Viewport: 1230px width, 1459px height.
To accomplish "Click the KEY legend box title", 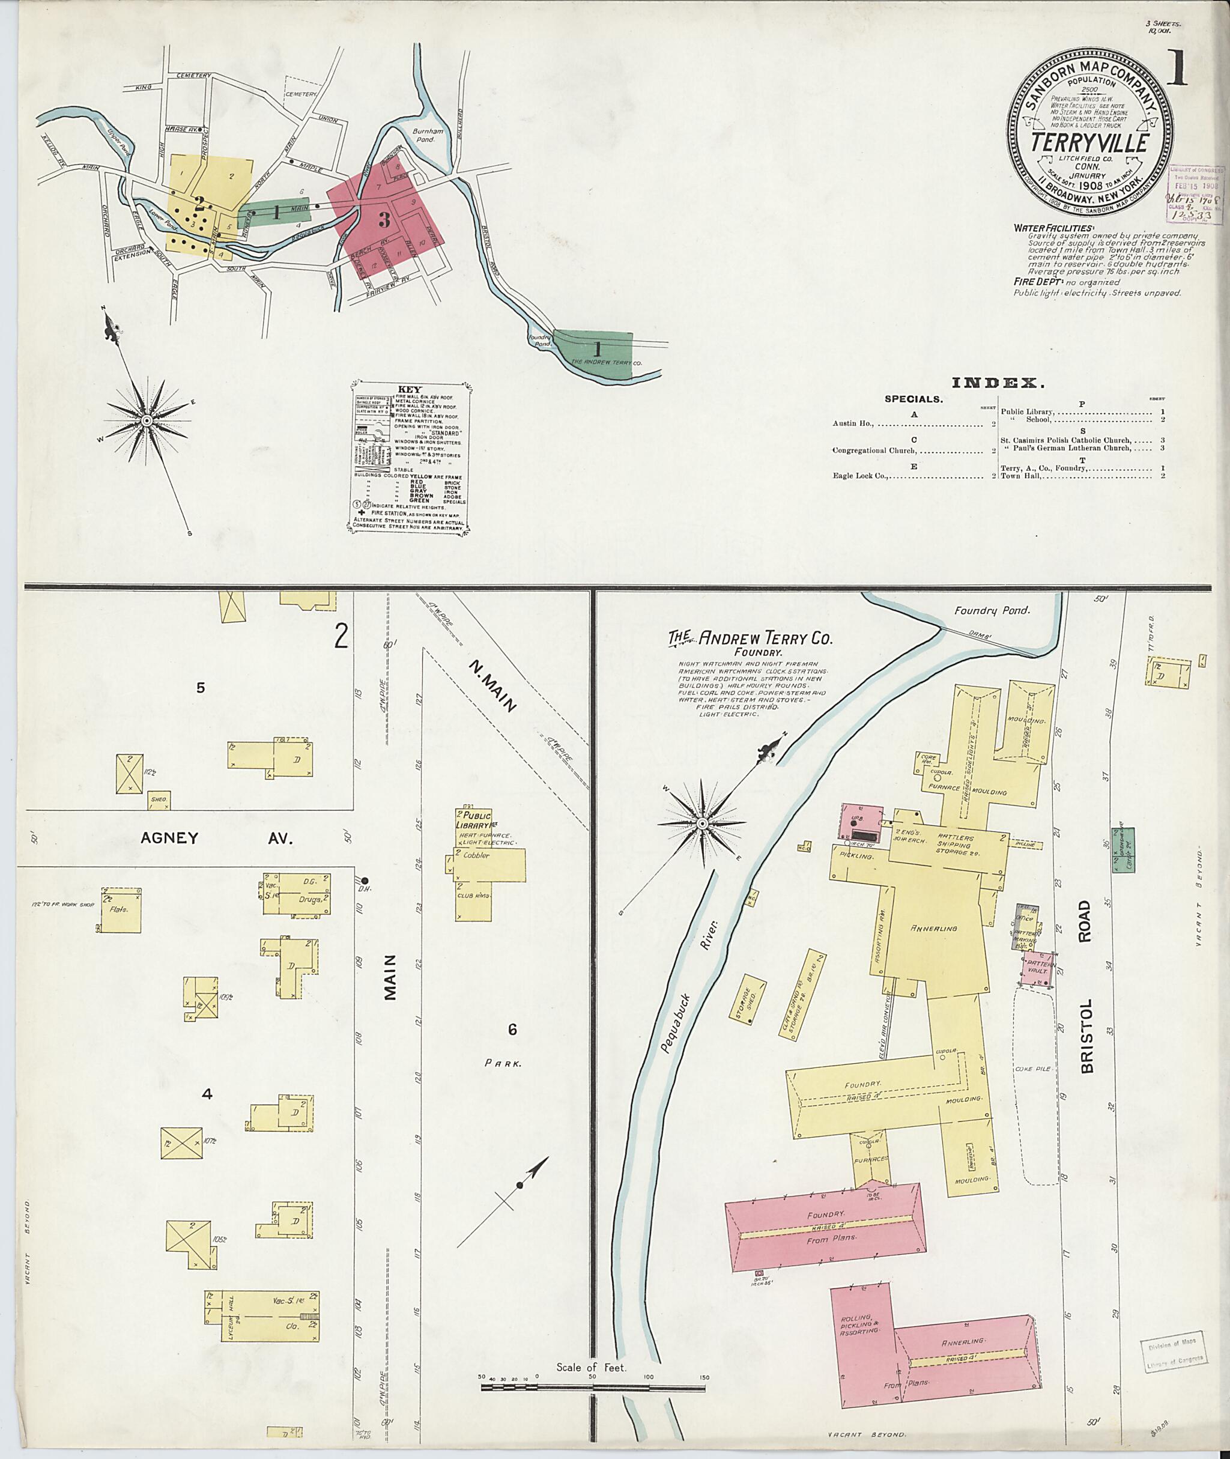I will coord(408,390).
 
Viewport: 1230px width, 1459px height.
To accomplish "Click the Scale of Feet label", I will coord(592,1368).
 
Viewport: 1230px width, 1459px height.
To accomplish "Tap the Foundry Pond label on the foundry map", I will coord(992,610).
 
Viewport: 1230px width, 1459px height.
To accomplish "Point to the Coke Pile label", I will coord(1037,1069).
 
